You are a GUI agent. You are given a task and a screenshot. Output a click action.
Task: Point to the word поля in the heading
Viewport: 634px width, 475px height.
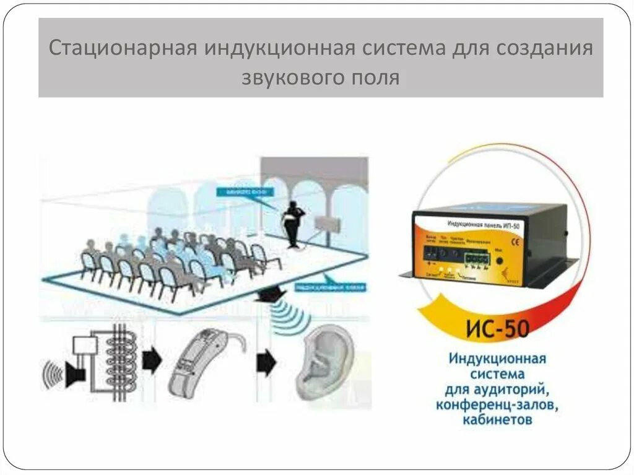pyautogui.click(x=373, y=78)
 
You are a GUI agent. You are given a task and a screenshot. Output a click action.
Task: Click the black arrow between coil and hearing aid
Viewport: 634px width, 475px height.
pyautogui.click(x=152, y=359)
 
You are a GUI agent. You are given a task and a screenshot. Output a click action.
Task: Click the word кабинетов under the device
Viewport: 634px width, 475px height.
pyautogui.click(x=496, y=421)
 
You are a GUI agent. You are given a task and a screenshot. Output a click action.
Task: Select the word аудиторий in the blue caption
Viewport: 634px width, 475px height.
pyautogui.click(x=515, y=390)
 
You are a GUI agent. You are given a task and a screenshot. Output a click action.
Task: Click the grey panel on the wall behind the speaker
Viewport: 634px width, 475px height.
pyautogui.click(x=327, y=224)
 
